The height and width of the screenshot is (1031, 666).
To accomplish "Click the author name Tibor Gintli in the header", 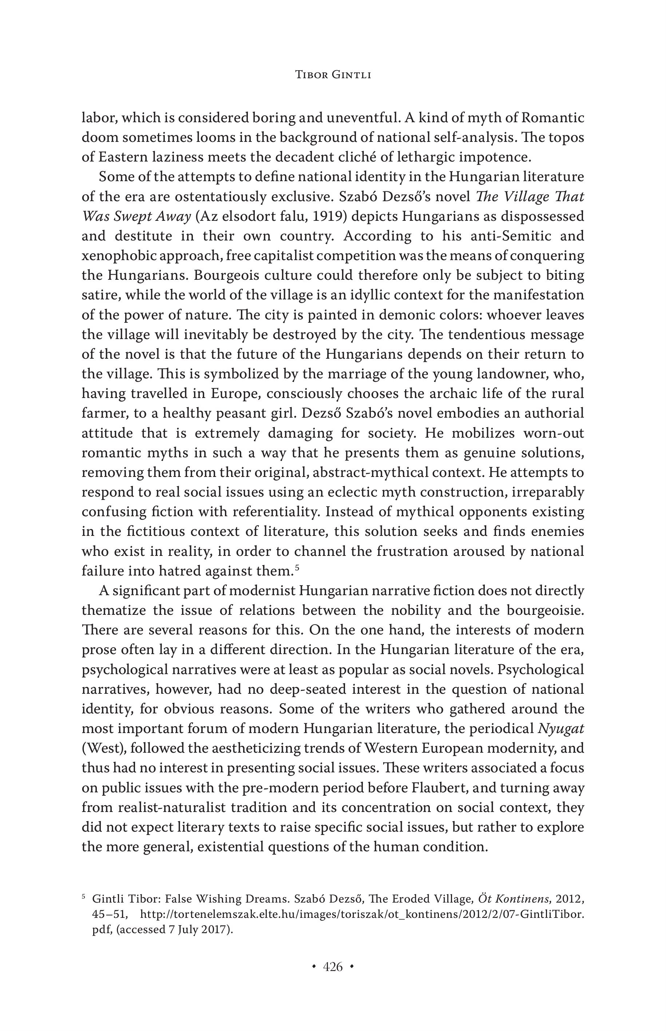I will [x=333, y=75].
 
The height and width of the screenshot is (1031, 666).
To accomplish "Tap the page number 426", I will [x=333, y=967].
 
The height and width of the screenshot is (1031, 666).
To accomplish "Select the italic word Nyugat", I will [x=560, y=729].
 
